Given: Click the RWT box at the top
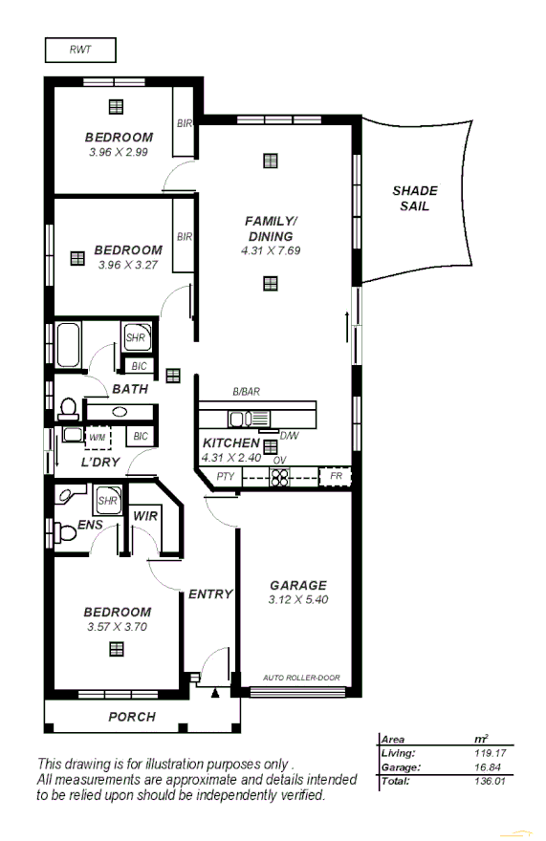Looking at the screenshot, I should point(80,49).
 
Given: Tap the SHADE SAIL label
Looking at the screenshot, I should point(415,199).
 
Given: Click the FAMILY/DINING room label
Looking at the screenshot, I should point(272,228).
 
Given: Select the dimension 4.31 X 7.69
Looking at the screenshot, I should point(271,250).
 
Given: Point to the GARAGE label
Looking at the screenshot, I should point(297,585).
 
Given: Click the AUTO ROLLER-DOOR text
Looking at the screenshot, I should point(300,678).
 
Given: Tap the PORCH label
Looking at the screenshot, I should point(131,716).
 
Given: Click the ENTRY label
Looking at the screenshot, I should point(210,593).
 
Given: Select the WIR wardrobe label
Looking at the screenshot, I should point(145,516).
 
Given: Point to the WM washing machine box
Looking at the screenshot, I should point(97,437).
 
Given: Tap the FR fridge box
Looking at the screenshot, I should point(336,476).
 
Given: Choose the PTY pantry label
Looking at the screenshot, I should point(225,476).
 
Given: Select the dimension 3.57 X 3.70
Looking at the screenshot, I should point(117,627).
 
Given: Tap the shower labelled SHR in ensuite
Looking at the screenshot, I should point(107,500).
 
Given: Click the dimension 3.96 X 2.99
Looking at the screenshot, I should point(119,151).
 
